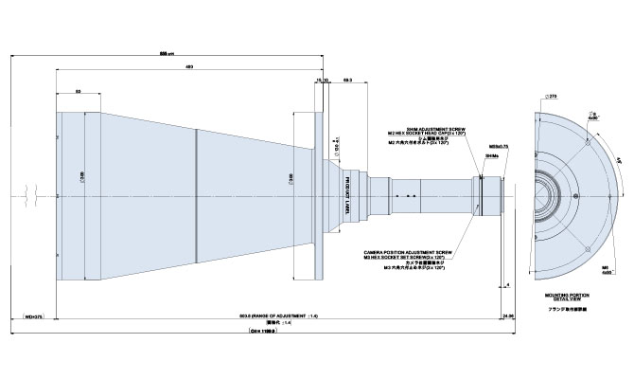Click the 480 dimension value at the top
[x=189, y=67]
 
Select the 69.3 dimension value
[x=348, y=81]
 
